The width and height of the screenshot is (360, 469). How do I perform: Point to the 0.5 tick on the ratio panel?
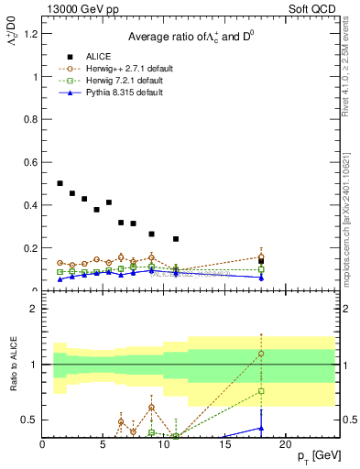(x=30, y=420)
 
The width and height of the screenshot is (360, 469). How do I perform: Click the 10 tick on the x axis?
(x=164, y=447)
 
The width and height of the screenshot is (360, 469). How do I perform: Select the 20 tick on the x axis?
(x=286, y=447)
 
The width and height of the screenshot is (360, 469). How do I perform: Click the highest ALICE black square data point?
(x=60, y=183)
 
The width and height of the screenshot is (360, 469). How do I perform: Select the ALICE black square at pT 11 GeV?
(x=176, y=239)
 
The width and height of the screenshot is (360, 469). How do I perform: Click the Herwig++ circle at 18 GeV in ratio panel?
(x=261, y=354)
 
